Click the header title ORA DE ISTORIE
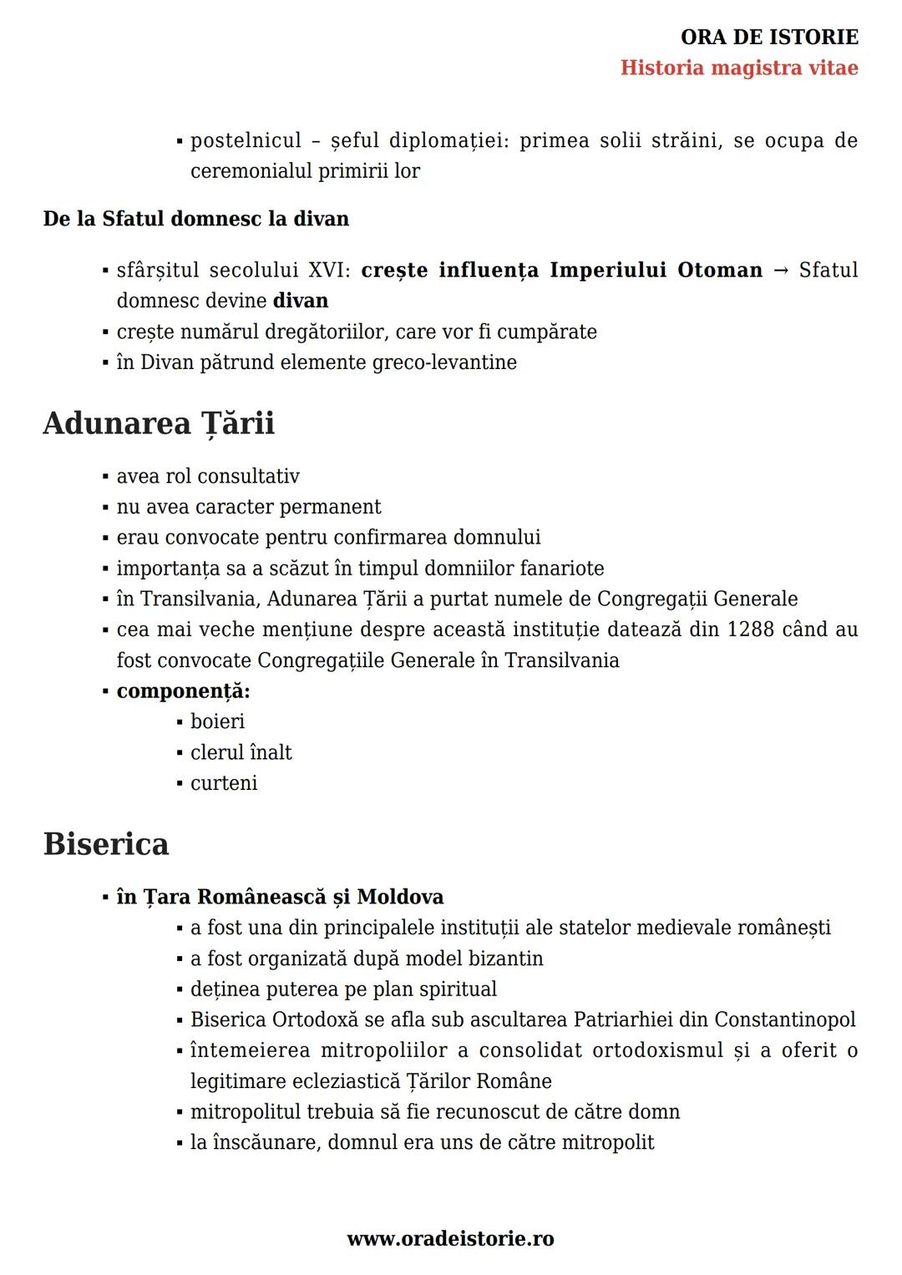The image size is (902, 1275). pyautogui.click(x=769, y=38)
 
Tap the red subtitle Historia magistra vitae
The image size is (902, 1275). pyautogui.click(x=739, y=68)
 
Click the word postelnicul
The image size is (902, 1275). pyautogui.click(x=246, y=141)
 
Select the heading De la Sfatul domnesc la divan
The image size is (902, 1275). pyautogui.click(x=196, y=220)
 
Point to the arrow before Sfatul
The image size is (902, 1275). pyautogui.click(x=781, y=271)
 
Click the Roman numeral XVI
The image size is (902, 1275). pyautogui.click(x=329, y=271)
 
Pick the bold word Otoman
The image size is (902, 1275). pyautogui.click(x=720, y=271)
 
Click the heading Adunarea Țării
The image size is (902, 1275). pyautogui.click(x=159, y=423)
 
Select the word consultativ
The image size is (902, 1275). pyautogui.click(x=247, y=477)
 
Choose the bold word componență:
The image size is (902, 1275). pyautogui.click(x=184, y=691)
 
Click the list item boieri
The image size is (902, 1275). pyautogui.click(x=217, y=721)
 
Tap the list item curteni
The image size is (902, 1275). pyautogui.click(x=224, y=783)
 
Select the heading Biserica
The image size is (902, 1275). pyautogui.click(x=106, y=844)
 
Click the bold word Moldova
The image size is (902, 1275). pyautogui.click(x=400, y=898)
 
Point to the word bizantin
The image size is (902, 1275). pyautogui.click(x=504, y=959)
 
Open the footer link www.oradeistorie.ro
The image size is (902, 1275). pyautogui.click(x=450, y=1239)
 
